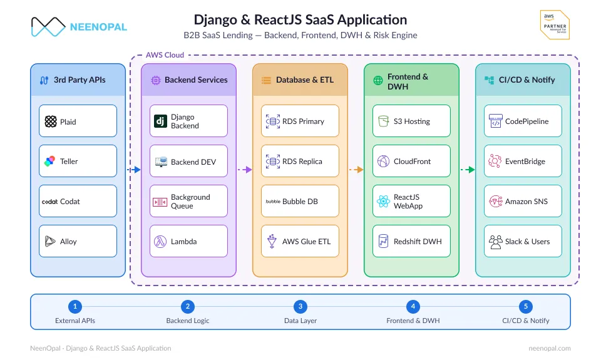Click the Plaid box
pos(78,121)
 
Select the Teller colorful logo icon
pos(49,162)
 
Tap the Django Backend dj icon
pos(160,121)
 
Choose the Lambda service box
pos(188,241)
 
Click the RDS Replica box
pos(300,161)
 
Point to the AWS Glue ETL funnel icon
pos(272,241)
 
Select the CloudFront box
pos(412,161)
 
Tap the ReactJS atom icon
pos(383,201)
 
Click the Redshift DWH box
pos(412,241)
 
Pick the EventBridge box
pos(523,161)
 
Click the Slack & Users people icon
pos(495,242)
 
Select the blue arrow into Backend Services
pos(134,170)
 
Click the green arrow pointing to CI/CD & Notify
pos(468,170)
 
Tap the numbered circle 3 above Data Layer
pos(300,306)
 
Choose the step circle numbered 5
pos(526,306)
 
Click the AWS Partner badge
pos(555,24)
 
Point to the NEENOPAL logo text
pos(98,27)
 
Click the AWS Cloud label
pos(165,55)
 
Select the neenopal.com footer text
pos(550,348)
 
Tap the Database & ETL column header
pos(300,80)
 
